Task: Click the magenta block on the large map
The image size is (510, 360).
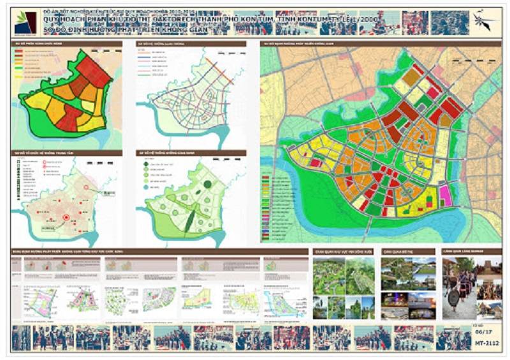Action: [445, 196]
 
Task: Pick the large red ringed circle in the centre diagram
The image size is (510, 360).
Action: [66, 219]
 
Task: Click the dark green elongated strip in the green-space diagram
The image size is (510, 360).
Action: [190, 220]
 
